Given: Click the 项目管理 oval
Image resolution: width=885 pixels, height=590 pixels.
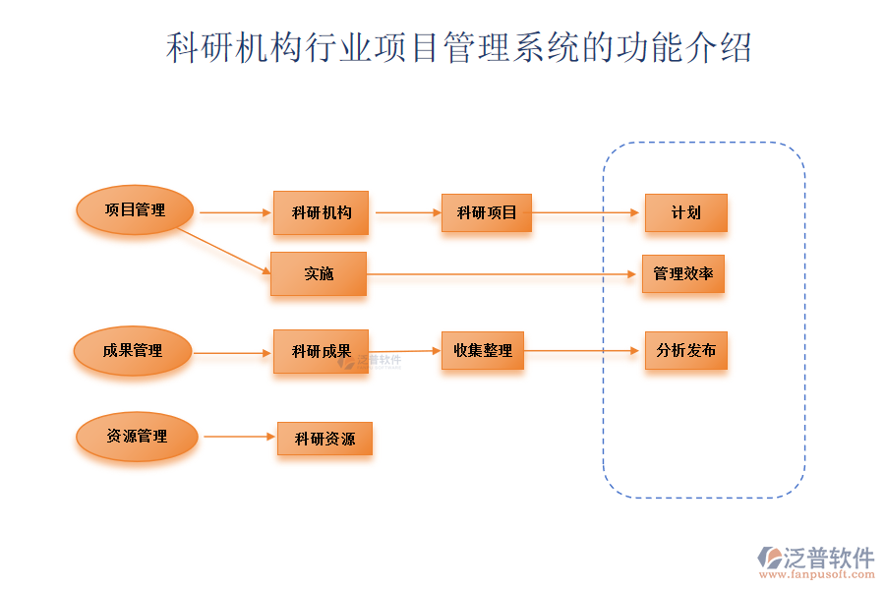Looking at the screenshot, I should [135, 209].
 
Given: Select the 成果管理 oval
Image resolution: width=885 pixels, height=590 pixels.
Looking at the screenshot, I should [133, 351].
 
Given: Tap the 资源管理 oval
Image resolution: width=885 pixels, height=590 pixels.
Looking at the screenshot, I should [137, 437].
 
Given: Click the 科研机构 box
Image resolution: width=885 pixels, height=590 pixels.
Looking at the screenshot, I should [321, 212].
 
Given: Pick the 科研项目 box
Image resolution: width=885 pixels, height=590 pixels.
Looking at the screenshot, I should [487, 212].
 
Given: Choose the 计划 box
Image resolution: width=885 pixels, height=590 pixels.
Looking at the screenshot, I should [685, 212].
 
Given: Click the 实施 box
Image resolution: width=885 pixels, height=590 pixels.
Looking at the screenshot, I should [319, 273].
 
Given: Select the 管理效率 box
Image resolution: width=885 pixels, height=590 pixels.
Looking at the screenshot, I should [683, 273].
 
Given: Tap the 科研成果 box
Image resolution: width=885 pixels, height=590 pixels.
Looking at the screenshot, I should [321, 351].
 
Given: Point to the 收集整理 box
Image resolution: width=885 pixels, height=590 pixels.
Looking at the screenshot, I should [482, 350].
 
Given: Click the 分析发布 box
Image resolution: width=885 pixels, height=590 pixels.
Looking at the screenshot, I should [685, 350].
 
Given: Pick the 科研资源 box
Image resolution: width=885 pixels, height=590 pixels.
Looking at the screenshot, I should [324, 439].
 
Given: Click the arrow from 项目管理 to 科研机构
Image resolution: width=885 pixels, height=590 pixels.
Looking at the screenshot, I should [236, 212].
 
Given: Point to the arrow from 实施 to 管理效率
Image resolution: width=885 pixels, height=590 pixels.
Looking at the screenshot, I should [501, 274].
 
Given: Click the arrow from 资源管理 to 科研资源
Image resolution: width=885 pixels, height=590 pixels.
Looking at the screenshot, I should [239, 437].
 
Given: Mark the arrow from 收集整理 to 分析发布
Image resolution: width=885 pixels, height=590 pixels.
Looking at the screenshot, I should [583, 350].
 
